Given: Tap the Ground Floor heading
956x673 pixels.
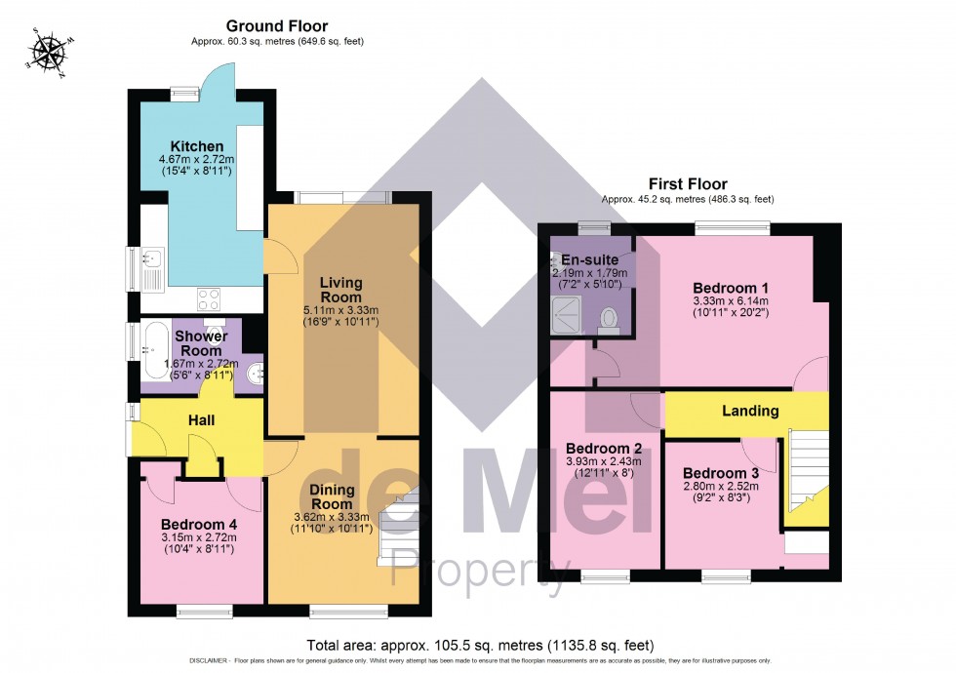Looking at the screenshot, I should [x=277, y=26].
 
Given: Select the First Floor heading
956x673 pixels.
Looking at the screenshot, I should [x=689, y=183].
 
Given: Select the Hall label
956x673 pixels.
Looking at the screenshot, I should [x=201, y=420].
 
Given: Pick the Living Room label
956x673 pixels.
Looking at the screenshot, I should [x=340, y=290].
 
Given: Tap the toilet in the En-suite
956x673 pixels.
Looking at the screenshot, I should [x=610, y=318].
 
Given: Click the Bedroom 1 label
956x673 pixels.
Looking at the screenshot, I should [x=731, y=288].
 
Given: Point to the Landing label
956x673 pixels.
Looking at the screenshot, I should [x=750, y=411].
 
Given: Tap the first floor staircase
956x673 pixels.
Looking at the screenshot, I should [x=806, y=478].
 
